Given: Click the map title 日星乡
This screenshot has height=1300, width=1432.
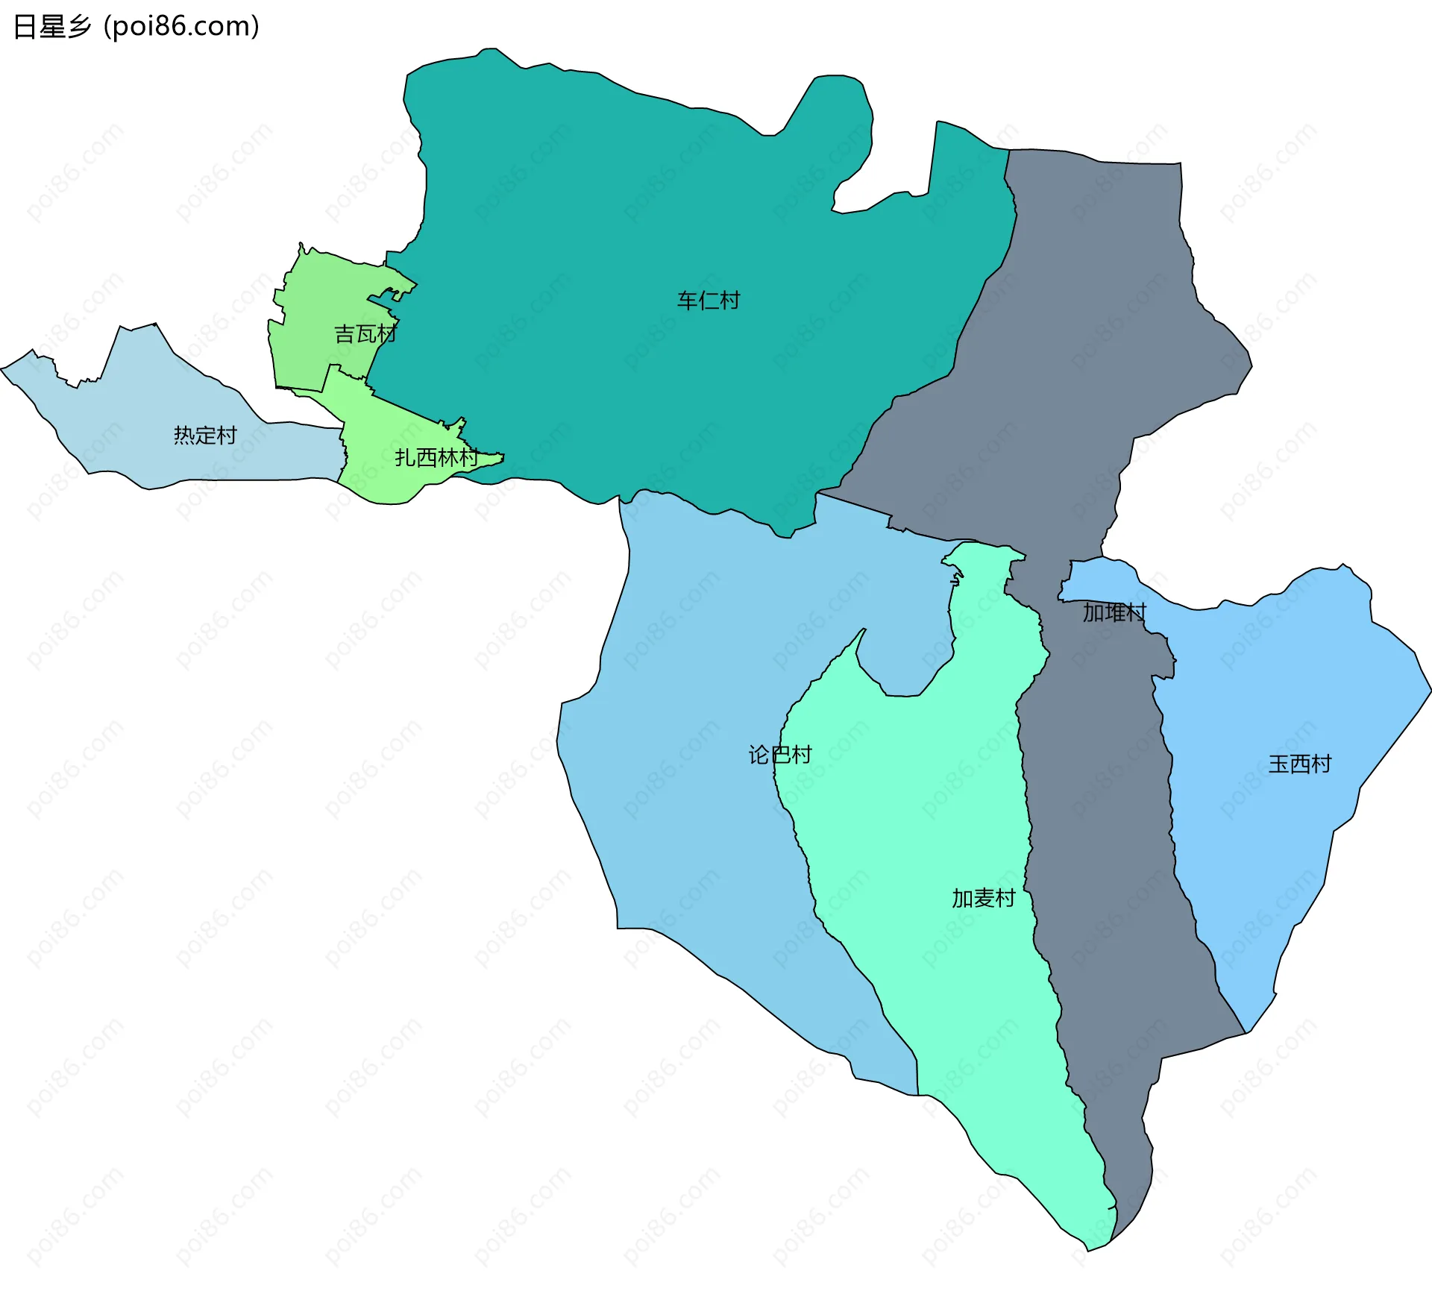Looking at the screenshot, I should [51, 27].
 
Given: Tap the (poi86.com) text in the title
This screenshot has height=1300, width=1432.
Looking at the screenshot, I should [181, 27].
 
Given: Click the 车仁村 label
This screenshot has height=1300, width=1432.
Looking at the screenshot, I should [708, 301].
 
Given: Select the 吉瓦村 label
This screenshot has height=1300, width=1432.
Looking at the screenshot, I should [365, 334].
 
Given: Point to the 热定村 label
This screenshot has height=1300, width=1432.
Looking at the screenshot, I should [205, 435].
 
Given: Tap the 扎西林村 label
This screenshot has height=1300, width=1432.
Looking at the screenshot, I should [436, 457].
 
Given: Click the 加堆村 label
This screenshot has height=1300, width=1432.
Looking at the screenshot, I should [1114, 612].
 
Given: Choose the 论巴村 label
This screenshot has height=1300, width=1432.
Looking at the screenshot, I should [779, 755].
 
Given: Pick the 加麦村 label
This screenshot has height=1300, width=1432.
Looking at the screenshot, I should [983, 898].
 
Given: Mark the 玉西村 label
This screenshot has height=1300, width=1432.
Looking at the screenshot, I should [1299, 764].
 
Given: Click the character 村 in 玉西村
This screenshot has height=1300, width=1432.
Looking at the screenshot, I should [1321, 764].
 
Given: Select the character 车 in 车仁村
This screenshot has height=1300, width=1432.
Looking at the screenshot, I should [687, 301].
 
